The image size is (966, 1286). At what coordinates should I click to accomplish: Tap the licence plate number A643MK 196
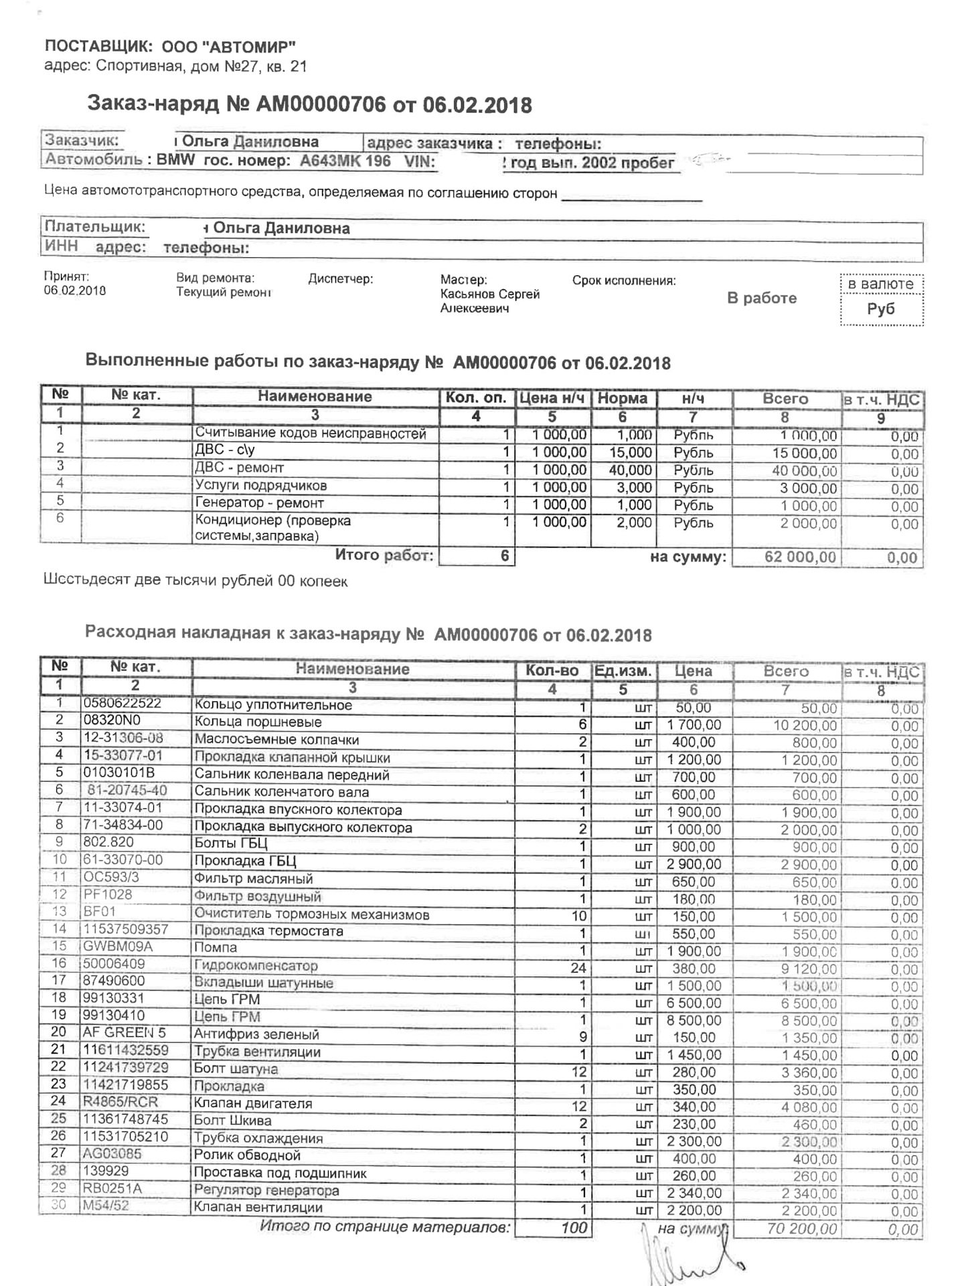(345, 161)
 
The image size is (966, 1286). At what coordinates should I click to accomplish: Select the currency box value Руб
(880, 309)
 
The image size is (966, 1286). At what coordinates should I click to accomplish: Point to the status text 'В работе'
(762, 298)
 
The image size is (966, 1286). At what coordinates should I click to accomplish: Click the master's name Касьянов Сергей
(489, 294)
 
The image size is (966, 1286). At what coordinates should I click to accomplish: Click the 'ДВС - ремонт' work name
(239, 468)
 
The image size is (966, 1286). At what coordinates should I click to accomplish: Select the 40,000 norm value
(630, 470)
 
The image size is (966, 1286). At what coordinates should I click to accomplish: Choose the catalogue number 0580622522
(122, 703)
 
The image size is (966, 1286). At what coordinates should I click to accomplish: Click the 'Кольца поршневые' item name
(258, 722)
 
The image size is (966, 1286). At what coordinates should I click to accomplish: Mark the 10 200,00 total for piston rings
(805, 725)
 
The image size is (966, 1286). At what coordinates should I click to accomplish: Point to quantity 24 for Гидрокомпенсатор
(578, 969)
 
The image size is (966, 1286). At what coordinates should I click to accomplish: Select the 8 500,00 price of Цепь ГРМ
(694, 1021)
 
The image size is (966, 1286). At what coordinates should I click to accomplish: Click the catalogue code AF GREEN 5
(124, 1033)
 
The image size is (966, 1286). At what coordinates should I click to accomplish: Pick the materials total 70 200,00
(801, 1228)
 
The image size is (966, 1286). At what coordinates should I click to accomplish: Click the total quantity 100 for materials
(574, 1228)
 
